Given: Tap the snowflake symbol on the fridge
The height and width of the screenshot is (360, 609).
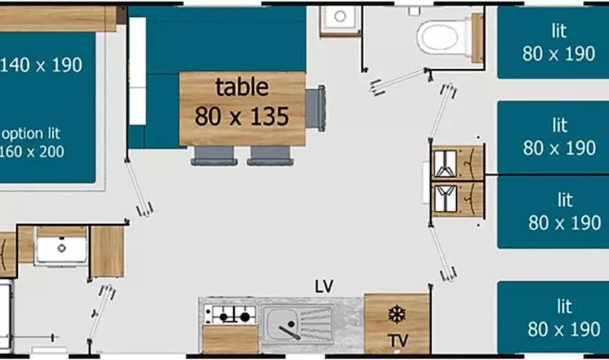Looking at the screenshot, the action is [x=397, y=315].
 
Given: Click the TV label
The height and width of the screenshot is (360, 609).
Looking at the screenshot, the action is [x=398, y=341].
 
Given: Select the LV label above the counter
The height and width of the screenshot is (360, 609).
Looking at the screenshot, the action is [x=324, y=287].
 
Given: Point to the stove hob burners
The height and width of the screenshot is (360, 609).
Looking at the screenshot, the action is [x=230, y=315].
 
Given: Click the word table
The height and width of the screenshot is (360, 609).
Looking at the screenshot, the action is [x=242, y=87].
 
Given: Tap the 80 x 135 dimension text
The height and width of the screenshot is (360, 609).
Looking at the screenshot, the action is [x=241, y=116].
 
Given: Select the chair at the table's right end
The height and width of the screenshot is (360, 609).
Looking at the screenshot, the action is [x=316, y=108].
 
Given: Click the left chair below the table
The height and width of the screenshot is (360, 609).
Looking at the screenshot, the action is [x=214, y=156].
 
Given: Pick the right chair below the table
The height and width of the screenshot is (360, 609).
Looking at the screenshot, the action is [x=270, y=156].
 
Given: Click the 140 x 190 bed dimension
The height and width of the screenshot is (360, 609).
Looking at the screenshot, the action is [x=41, y=65].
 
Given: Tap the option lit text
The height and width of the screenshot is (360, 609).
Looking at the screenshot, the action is [x=31, y=134].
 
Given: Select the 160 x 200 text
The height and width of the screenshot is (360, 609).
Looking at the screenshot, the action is [x=32, y=151].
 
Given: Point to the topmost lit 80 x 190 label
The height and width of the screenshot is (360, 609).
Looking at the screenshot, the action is [x=558, y=43].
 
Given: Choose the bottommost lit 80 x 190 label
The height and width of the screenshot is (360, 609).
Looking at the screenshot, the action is [x=564, y=318].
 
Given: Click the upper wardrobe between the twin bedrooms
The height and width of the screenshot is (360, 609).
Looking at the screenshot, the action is [x=457, y=163].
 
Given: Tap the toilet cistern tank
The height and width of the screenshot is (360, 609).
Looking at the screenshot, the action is [x=478, y=37].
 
